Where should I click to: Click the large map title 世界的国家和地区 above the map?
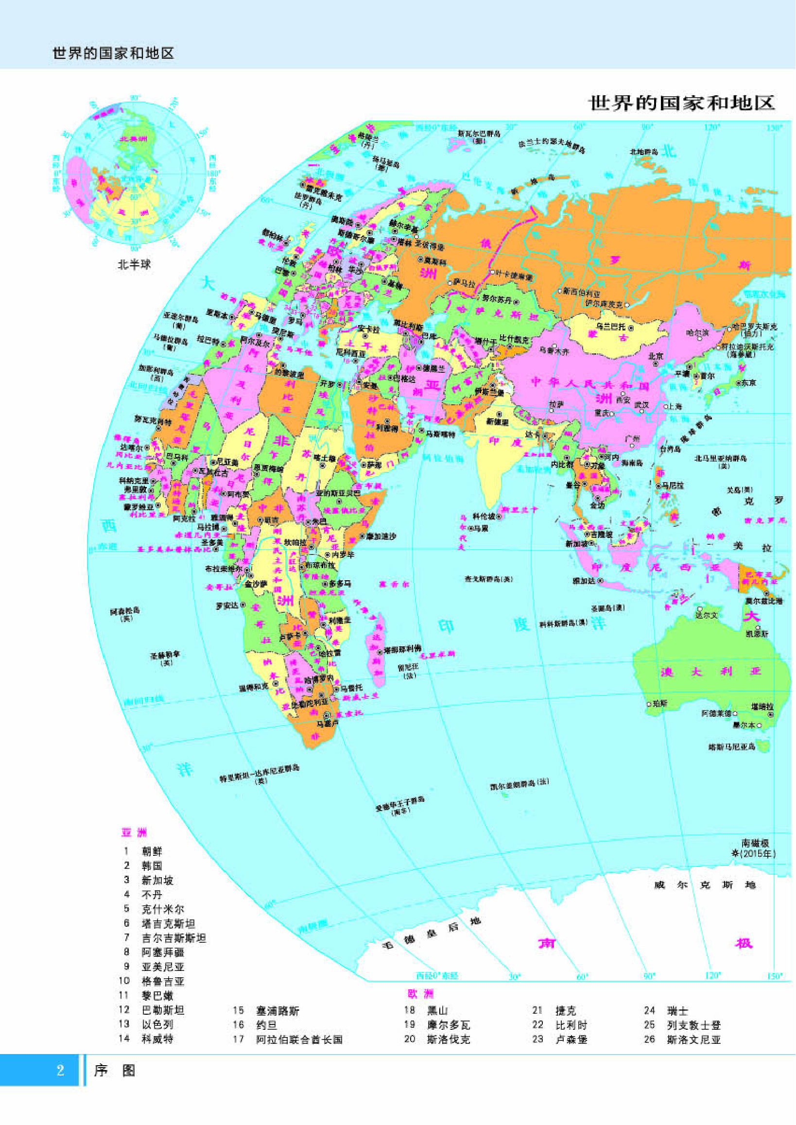681,103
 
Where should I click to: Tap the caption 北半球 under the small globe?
134,265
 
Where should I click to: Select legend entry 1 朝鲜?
152,851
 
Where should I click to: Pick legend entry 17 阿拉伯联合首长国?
299,1039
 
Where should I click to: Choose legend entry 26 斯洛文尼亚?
693,1039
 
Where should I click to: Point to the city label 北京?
656,356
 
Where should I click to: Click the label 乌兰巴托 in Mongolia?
611,327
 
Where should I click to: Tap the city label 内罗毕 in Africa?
343,554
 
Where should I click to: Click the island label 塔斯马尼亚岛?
732,747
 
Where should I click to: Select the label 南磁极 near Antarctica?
755,843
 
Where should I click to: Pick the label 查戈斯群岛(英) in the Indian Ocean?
489,579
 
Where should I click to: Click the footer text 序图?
114,1070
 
